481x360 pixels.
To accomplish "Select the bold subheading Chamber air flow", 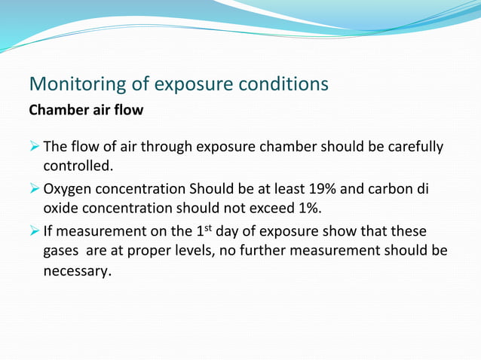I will pyautogui.click(x=85, y=110).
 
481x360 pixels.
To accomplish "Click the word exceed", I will pyautogui.click(x=281, y=208).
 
